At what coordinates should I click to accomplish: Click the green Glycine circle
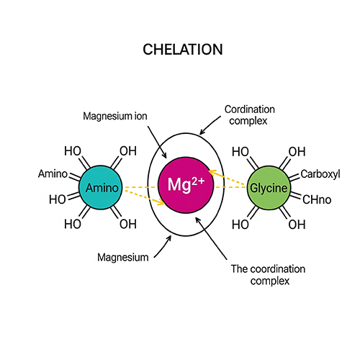269,188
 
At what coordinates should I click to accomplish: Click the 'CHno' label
316,199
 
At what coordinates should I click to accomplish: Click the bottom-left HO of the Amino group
73,224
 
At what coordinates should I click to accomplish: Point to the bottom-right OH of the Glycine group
297,224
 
